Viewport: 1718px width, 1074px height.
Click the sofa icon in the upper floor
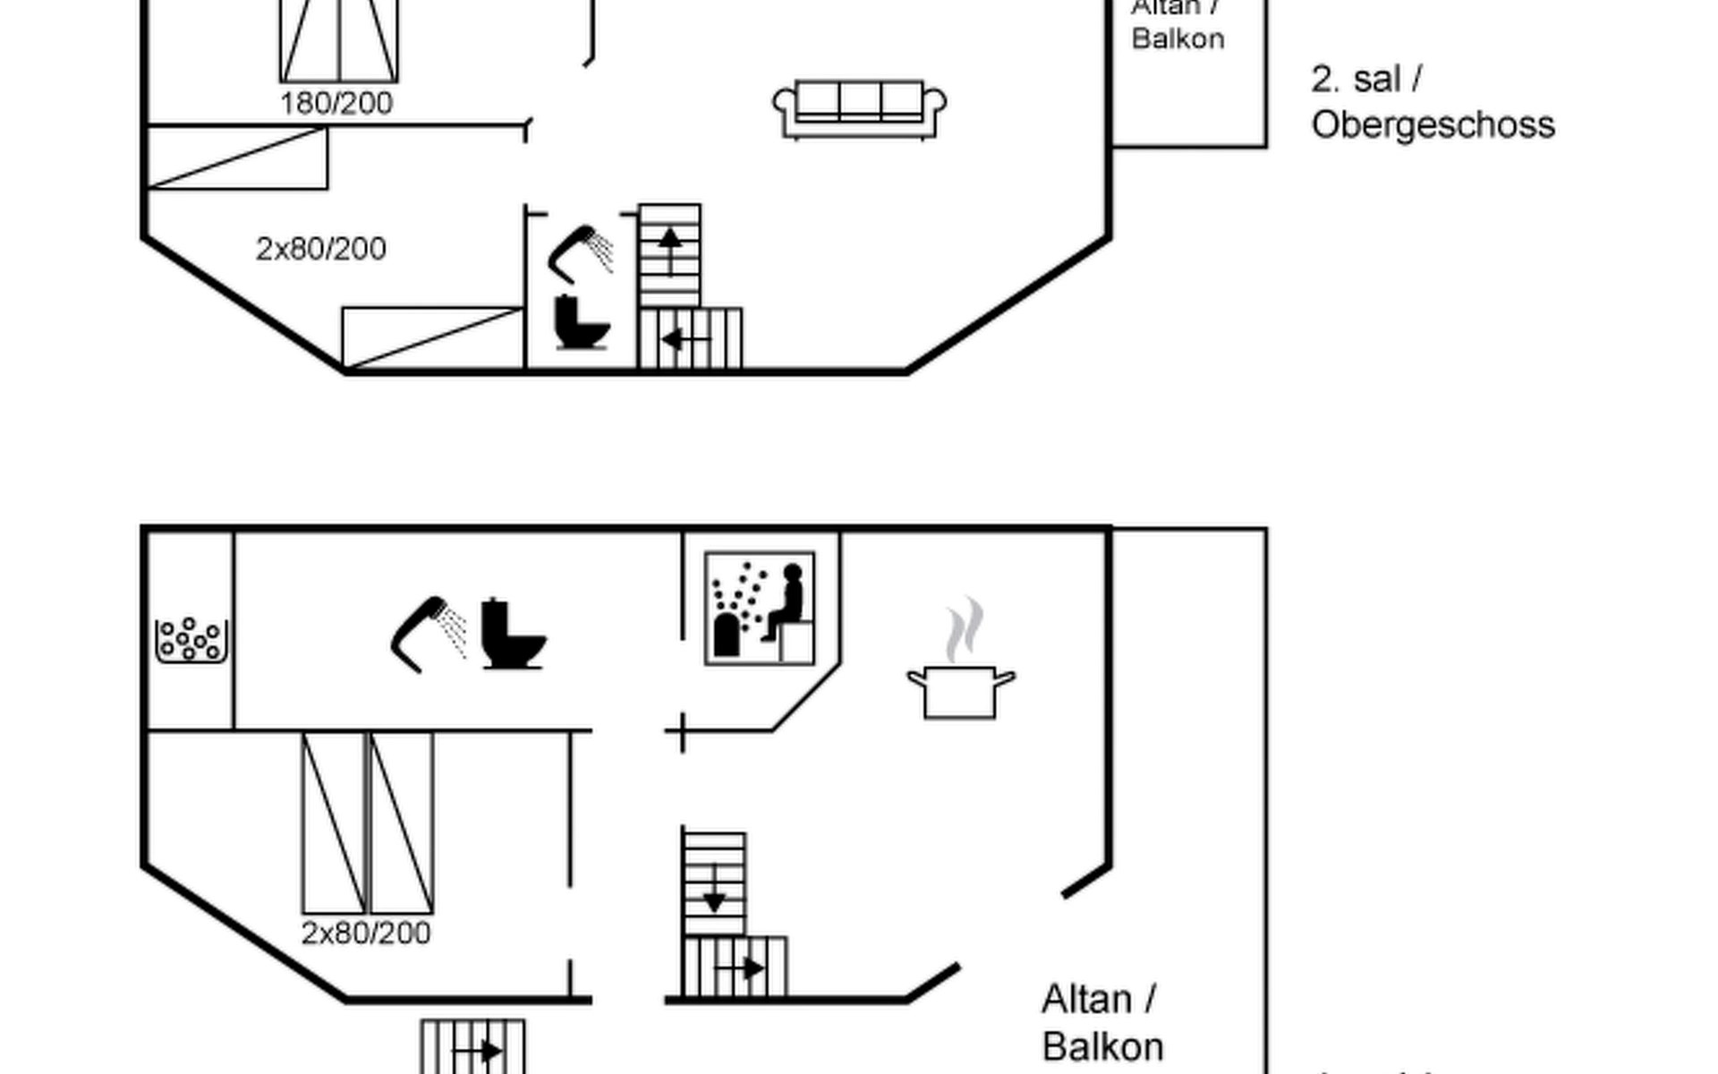pos(859,109)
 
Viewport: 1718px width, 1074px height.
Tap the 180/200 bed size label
pos(336,104)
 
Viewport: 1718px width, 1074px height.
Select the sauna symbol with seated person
pos(760,609)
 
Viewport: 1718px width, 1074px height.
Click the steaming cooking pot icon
pos(960,667)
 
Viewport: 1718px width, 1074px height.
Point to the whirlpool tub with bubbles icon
pos(191,639)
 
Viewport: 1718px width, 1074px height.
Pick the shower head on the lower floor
pos(429,633)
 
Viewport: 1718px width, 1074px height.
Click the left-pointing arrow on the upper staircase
pos(685,340)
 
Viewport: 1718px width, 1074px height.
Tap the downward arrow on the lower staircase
pos(714,890)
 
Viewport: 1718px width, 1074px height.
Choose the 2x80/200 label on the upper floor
pos(321,249)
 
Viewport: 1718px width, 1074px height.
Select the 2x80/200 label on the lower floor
pos(366,933)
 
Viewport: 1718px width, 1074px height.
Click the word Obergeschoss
pos(1433,125)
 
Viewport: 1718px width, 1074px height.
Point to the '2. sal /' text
pos(1366,80)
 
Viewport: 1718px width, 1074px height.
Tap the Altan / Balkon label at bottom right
pos(1101,1023)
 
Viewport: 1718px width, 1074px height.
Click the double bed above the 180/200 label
pos(338,40)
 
